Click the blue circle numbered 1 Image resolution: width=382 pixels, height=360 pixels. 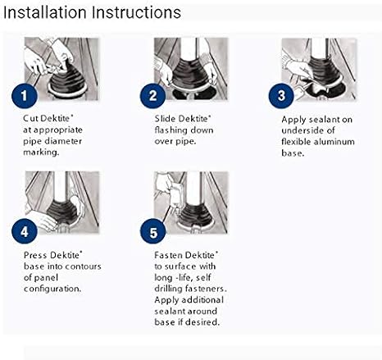point(25,96)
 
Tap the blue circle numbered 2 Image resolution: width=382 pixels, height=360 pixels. point(153,96)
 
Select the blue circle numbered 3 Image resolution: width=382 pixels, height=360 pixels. point(281,96)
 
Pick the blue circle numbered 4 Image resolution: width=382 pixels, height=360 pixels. point(25,232)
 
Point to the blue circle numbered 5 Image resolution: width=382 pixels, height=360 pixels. point(153,232)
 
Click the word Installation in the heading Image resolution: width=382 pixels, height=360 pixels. point(45,12)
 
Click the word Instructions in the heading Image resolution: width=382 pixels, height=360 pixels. point(136,12)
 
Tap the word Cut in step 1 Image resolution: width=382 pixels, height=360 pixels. point(30,118)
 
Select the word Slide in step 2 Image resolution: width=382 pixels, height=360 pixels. point(165,118)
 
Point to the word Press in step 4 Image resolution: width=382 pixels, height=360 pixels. point(35,255)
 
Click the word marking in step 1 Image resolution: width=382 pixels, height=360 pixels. point(41,153)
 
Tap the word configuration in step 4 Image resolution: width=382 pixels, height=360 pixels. point(52,289)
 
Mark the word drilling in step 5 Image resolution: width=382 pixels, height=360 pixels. point(168,289)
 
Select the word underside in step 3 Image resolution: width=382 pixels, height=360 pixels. point(298,130)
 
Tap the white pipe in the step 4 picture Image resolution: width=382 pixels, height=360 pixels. point(61,186)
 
